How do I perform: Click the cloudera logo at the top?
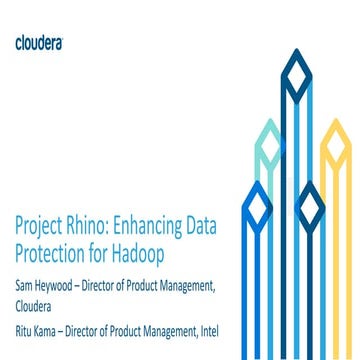[x=41, y=42]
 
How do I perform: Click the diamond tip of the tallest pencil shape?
[x=296, y=71]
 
